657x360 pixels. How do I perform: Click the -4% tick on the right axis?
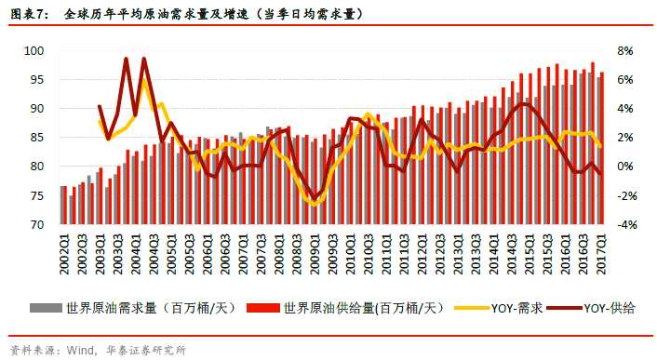pos(625,224)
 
